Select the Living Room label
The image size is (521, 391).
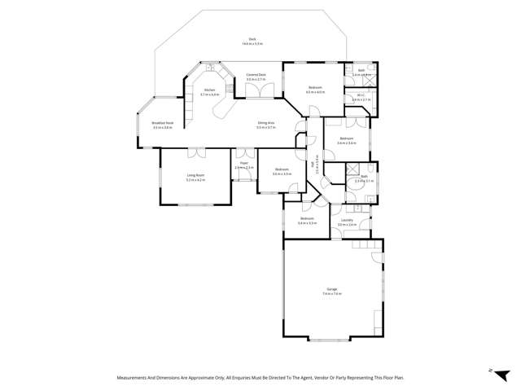click(195, 175)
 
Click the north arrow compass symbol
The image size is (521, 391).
click(491, 371)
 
